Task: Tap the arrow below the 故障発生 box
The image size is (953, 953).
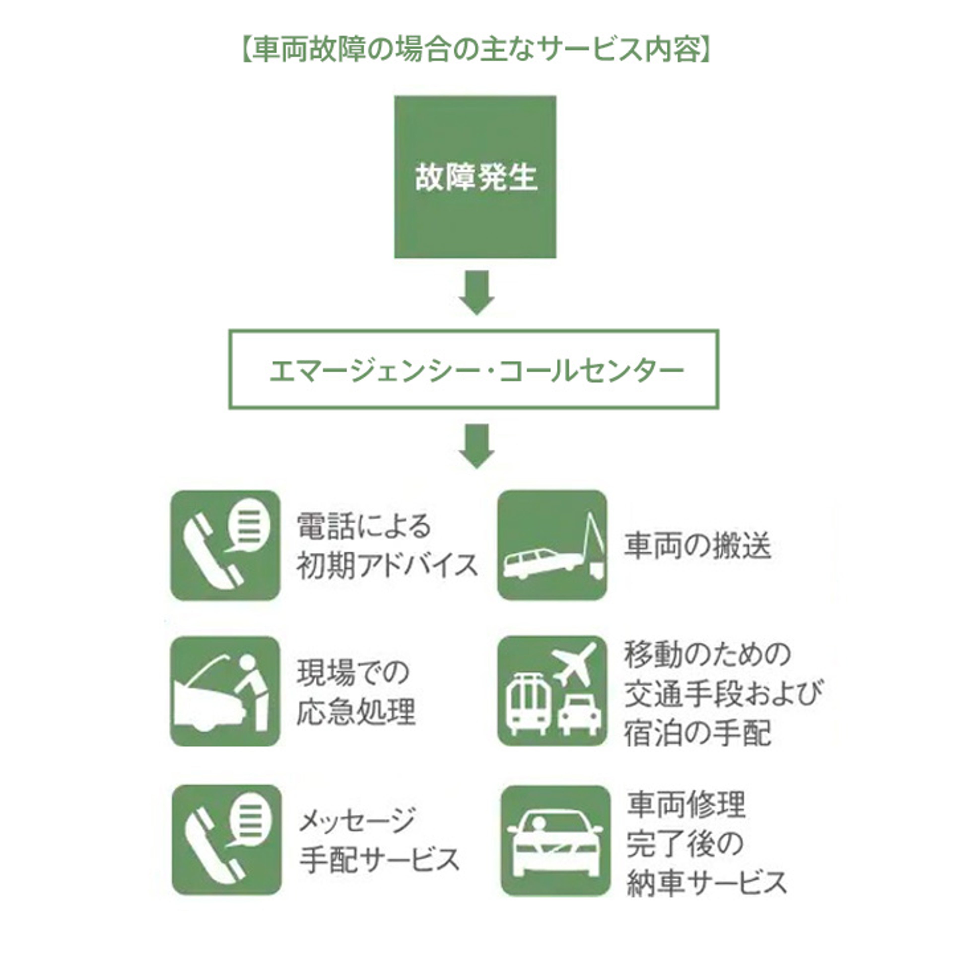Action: coord(476,292)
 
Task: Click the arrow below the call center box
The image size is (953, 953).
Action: coord(476,445)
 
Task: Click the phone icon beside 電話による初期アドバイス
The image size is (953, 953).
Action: coord(225,545)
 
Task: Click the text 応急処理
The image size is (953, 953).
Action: coord(356,712)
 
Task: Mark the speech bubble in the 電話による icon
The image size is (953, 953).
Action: coord(249,525)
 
